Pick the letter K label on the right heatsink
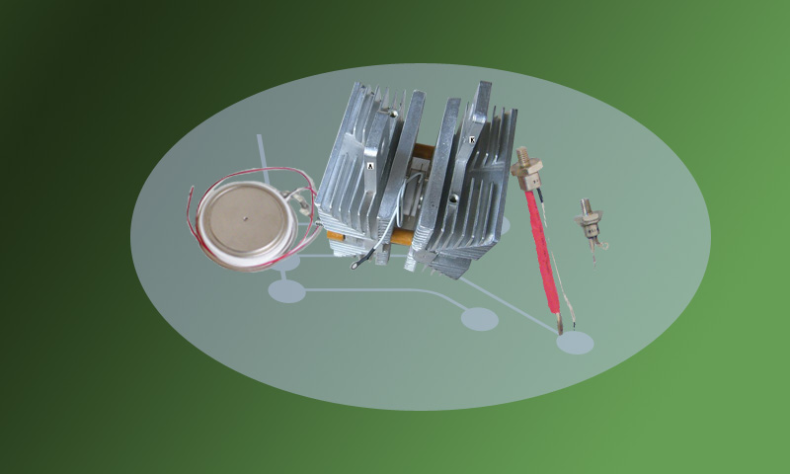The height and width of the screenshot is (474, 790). coord(472,140)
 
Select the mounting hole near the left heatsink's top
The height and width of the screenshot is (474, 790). coord(394,114)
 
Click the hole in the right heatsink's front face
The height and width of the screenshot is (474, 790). coord(454,198)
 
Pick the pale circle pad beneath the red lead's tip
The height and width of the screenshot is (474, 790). coord(575,343)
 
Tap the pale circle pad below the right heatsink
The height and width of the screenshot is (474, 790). coord(480,319)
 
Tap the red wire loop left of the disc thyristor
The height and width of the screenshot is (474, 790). coord(192,212)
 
